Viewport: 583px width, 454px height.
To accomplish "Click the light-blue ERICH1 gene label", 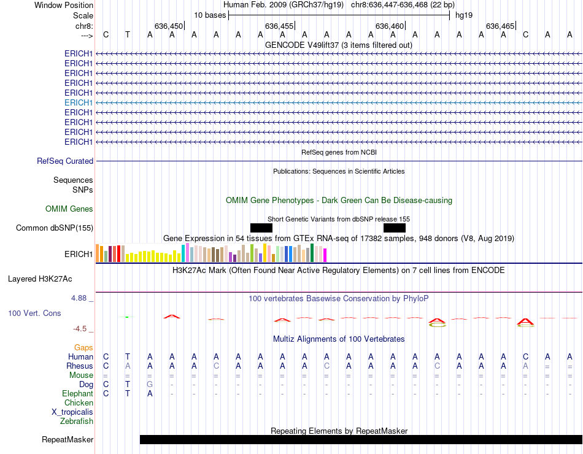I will click(x=79, y=102).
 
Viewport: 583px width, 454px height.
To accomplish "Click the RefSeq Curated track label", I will click(x=65, y=161).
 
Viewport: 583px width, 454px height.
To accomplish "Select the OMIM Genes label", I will click(x=69, y=209).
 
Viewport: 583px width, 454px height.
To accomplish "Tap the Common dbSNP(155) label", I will click(x=55, y=228).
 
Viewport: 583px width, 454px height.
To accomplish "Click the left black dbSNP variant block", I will click(x=261, y=228).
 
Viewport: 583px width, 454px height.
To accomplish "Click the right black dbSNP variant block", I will click(x=394, y=228).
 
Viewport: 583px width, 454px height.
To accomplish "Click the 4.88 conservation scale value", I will click(x=80, y=298).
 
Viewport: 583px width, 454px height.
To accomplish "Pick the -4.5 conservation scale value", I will click(x=82, y=329).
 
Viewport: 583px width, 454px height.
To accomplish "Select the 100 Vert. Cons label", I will click(x=34, y=314).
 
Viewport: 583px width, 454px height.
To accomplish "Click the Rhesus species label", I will click(x=80, y=366).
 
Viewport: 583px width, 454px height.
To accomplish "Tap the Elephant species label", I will click(x=77, y=394).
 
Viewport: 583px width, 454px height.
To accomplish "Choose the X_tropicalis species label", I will click(x=72, y=412).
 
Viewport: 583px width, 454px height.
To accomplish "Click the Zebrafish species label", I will click(x=77, y=421).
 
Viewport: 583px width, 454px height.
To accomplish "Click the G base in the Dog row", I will click(x=150, y=385).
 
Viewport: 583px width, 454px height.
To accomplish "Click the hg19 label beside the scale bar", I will click(x=464, y=15).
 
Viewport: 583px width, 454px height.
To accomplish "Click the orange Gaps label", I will click(x=83, y=348).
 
